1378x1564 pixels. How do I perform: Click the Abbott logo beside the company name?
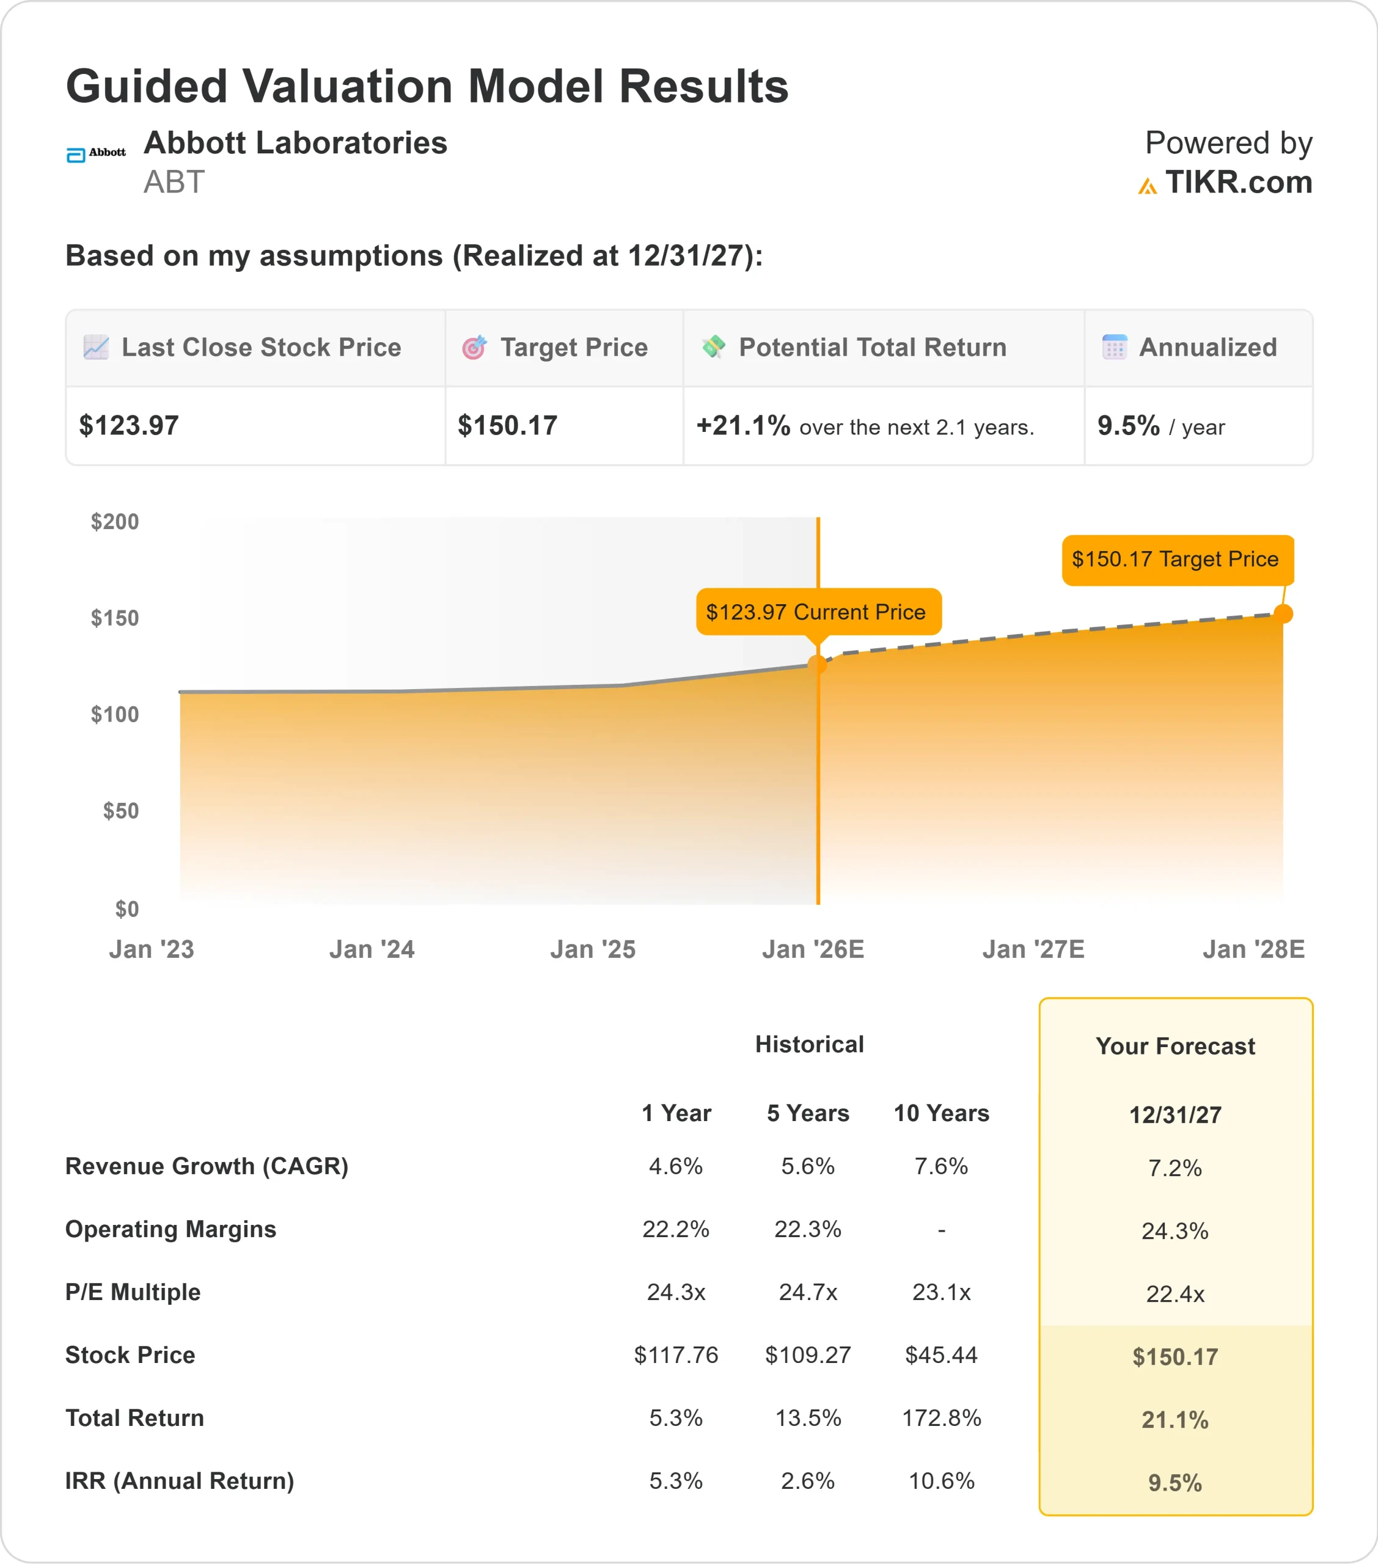point(96,154)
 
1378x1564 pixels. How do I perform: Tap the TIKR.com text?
point(1238,183)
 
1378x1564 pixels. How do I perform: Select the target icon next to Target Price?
point(474,348)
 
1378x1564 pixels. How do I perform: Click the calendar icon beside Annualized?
point(1114,348)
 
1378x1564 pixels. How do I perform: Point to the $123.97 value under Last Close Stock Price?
point(128,425)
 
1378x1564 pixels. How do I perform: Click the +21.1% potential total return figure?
point(742,425)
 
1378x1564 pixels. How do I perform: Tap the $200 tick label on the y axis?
point(115,522)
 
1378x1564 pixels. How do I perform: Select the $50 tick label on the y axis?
point(121,811)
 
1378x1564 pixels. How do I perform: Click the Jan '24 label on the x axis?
point(372,949)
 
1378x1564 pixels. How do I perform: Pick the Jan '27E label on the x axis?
point(1033,949)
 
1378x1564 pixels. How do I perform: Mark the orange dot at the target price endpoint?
point(1283,613)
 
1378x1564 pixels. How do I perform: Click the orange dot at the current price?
point(818,664)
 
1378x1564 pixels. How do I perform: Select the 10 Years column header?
point(941,1113)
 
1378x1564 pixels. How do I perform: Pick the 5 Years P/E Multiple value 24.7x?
point(808,1292)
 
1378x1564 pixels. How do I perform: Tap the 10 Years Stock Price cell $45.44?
point(941,1355)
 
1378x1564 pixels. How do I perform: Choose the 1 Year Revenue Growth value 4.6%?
point(675,1166)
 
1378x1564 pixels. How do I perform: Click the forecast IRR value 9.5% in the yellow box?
point(1175,1483)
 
